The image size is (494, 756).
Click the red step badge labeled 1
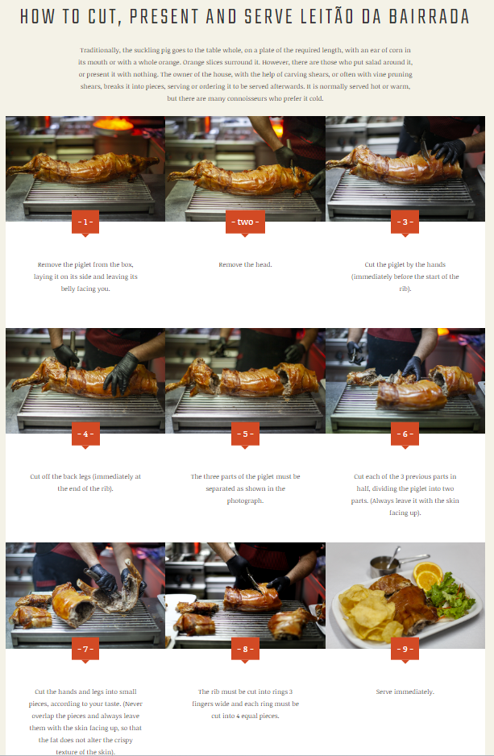click(85, 222)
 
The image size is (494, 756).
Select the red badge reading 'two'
click(245, 222)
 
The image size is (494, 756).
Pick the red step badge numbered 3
click(405, 222)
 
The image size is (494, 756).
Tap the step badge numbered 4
click(85, 434)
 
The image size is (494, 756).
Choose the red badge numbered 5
click(245, 434)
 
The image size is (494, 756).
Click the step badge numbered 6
click(405, 434)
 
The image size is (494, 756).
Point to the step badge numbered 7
click(85, 650)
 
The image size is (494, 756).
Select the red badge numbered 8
click(245, 650)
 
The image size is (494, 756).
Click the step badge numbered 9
click(405, 650)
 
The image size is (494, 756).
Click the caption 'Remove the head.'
click(245, 264)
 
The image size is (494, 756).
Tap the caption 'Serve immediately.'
click(405, 692)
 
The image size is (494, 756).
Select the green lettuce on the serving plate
click(450, 596)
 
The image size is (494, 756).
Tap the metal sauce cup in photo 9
click(383, 565)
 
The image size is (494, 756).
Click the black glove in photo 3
click(449, 151)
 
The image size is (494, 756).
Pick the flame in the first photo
click(114, 124)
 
